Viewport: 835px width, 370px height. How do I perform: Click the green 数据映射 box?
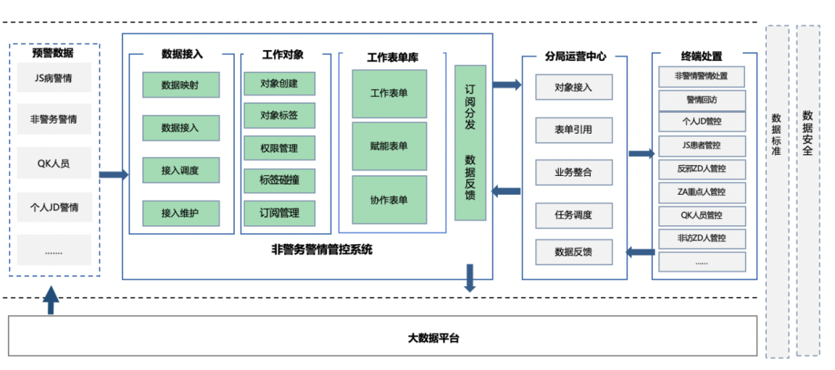tap(180, 84)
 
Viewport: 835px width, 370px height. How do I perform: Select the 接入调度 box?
tap(180, 170)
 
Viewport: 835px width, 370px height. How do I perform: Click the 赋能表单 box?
tap(389, 145)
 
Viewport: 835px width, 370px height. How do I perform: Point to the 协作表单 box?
tap(389, 199)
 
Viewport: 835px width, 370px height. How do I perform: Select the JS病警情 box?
tap(54, 77)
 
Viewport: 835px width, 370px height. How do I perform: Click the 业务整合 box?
tap(573, 171)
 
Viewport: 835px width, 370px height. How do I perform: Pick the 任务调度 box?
tap(573, 214)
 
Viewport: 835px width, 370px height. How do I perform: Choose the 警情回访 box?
tap(701, 99)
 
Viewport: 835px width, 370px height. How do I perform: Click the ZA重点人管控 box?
tap(701, 192)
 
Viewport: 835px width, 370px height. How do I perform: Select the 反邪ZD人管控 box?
tap(701, 168)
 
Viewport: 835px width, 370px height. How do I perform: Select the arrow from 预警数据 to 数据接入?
tap(113, 174)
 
